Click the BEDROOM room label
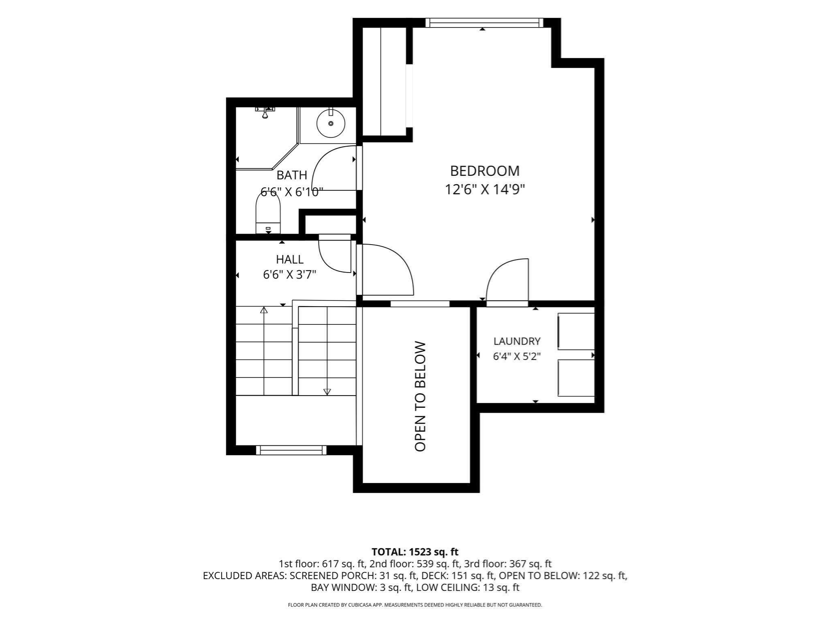point(485,171)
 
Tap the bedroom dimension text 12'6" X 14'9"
point(485,189)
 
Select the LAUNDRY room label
point(517,341)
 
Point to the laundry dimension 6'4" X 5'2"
point(517,356)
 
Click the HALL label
point(290,259)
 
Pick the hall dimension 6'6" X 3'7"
point(290,275)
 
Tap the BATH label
point(292,175)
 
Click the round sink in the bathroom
point(331,123)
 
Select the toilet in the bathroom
point(268,213)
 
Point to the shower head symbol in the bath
point(265,112)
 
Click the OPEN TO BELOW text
point(420,396)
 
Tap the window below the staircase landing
point(291,450)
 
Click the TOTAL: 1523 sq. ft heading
point(415,552)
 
